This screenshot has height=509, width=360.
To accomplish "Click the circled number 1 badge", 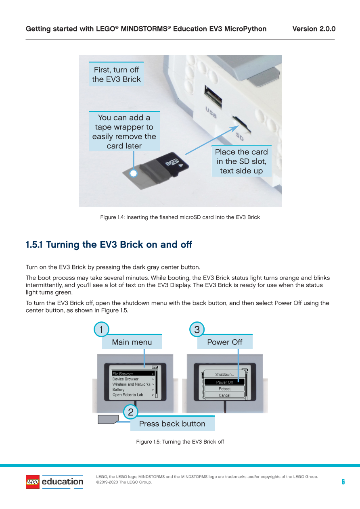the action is (101, 329).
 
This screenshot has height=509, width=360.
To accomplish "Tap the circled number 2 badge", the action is (130, 412).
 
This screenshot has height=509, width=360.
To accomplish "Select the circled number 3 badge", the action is (197, 329).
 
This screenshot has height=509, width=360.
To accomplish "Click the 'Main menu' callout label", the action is (132, 342).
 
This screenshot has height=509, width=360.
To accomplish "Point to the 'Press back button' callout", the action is (172, 423).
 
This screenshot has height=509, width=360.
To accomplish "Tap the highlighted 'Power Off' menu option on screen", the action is (224, 382).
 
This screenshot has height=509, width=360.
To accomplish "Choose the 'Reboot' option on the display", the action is (224, 388).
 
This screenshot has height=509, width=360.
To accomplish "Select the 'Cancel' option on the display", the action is (224, 395).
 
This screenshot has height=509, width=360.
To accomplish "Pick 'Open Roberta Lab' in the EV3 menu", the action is (128, 395).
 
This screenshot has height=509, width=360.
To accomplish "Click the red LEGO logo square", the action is (33, 482).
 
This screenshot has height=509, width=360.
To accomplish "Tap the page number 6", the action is (343, 482).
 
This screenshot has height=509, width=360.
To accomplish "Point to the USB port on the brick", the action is (213, 96).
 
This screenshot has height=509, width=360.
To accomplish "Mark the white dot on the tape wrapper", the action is (134, 173).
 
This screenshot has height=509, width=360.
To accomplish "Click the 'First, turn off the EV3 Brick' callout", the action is (117, 74).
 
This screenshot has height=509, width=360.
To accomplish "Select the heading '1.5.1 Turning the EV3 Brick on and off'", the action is (109, 244).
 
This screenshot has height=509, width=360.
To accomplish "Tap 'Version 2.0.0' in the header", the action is (314, 29).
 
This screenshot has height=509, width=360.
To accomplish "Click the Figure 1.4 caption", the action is (180, 217).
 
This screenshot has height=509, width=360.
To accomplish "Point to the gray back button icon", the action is (108, 419).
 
